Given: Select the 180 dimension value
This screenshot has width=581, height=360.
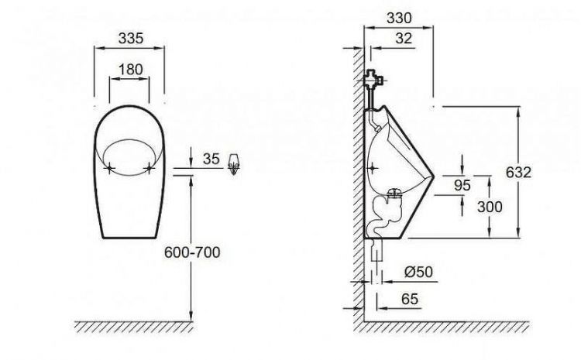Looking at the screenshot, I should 129,70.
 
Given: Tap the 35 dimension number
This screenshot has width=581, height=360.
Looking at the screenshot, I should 211,159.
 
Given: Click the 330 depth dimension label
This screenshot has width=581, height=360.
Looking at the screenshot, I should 399,17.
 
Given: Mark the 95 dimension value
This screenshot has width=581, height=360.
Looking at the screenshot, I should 463,184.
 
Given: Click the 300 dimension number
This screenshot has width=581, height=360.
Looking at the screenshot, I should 490,207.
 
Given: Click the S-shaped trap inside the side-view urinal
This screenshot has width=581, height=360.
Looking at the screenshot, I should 381,214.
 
